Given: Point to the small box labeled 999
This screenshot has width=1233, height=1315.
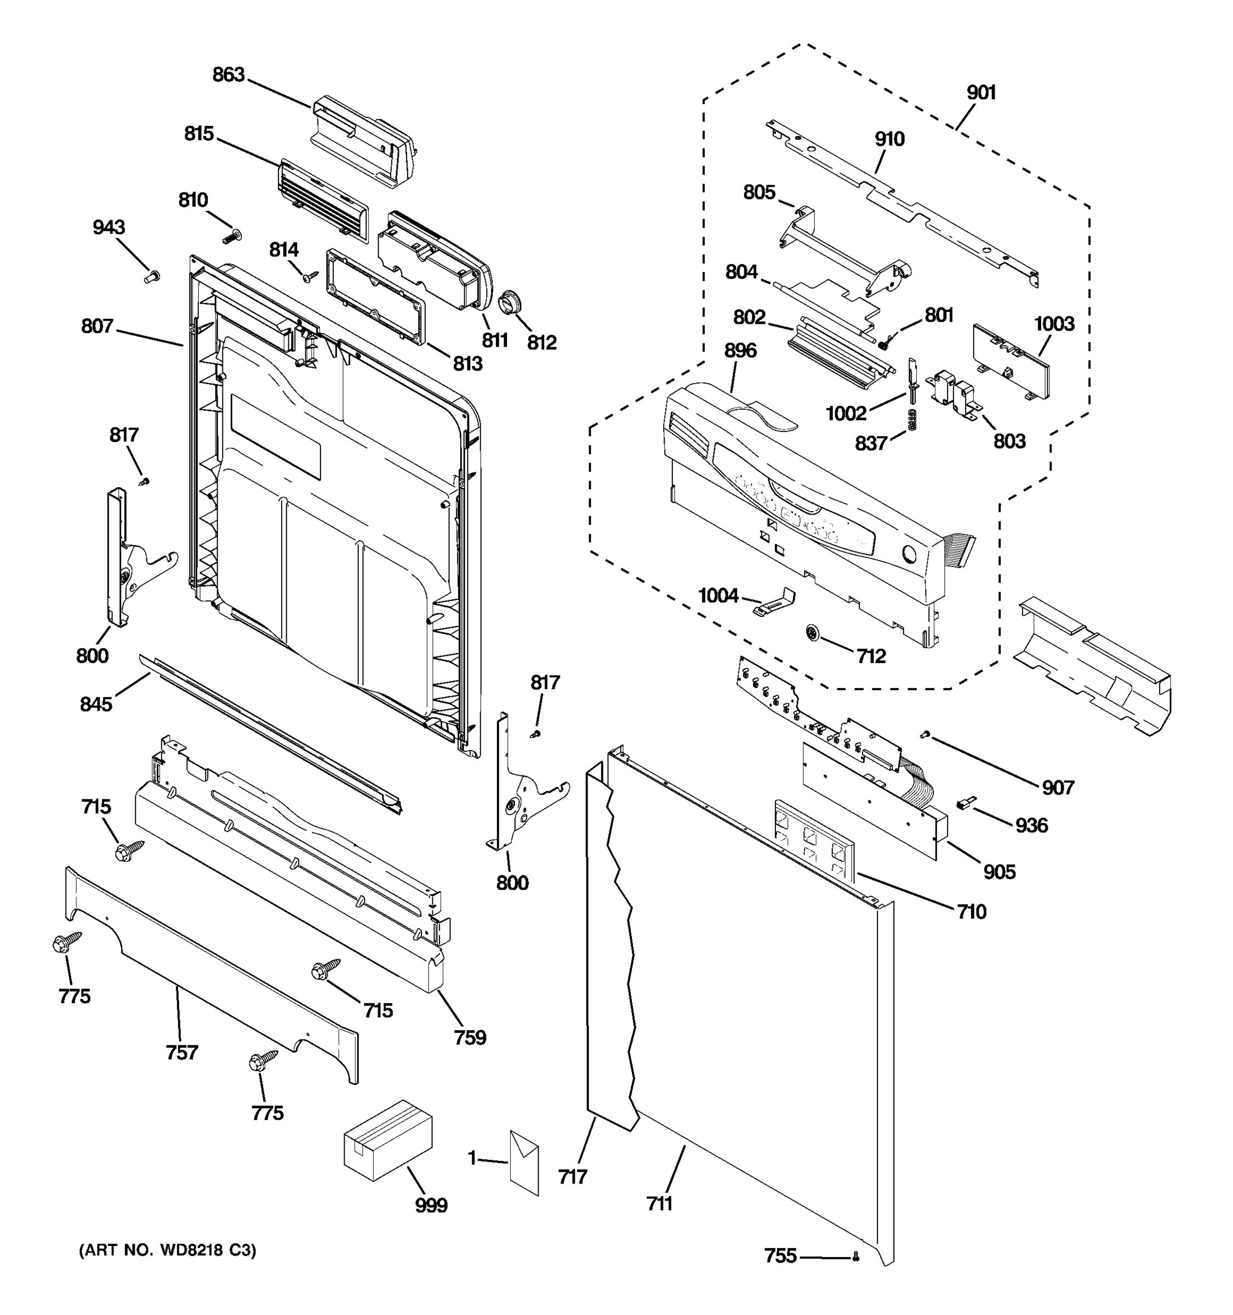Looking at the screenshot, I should [x=387, y=1139].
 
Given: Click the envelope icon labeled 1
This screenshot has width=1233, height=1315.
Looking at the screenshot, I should [x=524, y=1163].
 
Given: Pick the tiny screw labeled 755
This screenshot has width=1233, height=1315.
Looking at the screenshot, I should [x=856, y=1256].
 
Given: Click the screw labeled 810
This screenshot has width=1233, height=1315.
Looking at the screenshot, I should [x=232, y=236].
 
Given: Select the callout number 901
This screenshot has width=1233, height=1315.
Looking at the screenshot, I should [x=981, y=93].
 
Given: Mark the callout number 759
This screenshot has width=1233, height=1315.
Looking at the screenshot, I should [x=470, y=1037].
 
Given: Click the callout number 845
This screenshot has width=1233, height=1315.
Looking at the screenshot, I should [x=96, y=705].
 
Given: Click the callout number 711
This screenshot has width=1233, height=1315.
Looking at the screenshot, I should [x=659, y=1203].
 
